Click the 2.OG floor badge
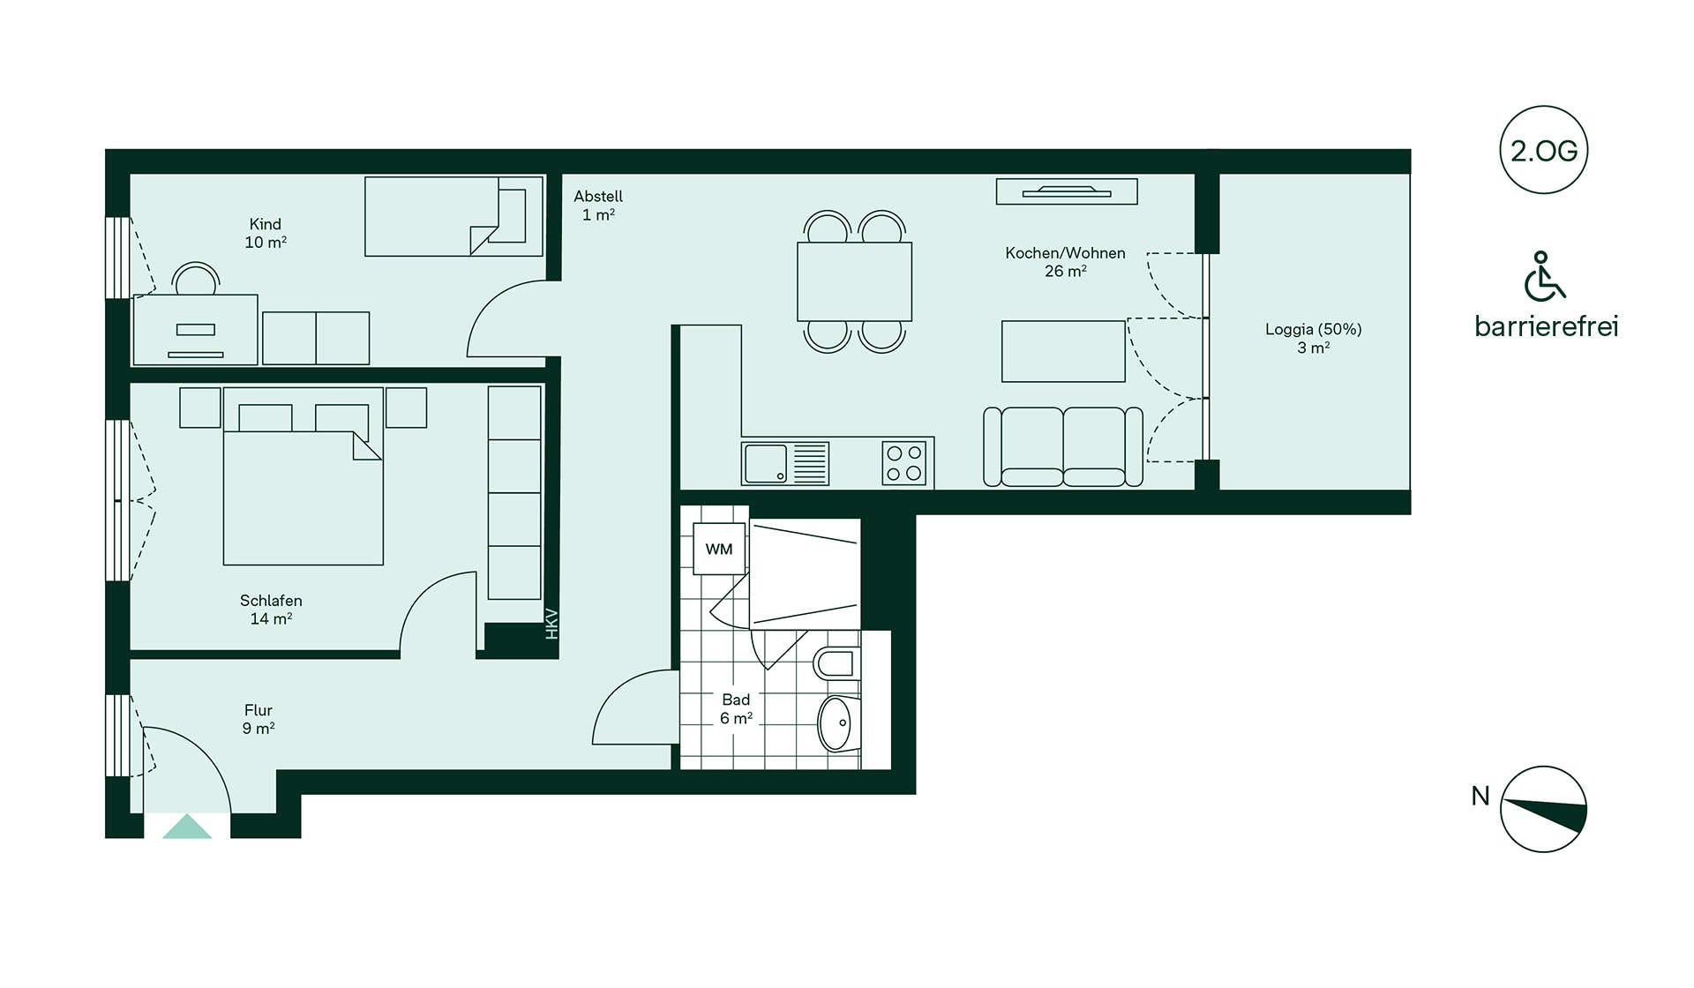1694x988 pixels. tap(1543, 151)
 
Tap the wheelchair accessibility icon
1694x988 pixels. tap(1545, 276)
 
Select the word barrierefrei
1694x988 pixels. tap(1547, 326)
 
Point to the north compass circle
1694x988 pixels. tap(1543, 809)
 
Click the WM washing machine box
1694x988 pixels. tap(719, 549)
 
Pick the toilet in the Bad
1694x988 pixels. tap(835, 662)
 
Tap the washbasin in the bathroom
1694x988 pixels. tap(838, 723)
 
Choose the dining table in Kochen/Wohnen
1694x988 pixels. tap(854, 281)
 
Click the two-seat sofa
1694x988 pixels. tap(1063, 446)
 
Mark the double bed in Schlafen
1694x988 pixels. tap(303, 476)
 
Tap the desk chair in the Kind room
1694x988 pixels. tap(196, 279)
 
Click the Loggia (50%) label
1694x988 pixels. tap(1313, 338)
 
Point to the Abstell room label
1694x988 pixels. tap(598, 206)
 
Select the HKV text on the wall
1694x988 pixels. tap(552, 624)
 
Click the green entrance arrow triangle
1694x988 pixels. tap(187, 827)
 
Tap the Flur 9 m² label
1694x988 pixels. tap(259, 719)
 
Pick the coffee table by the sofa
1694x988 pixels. tap(1063, 351)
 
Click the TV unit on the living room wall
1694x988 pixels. tap(1067, 191)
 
